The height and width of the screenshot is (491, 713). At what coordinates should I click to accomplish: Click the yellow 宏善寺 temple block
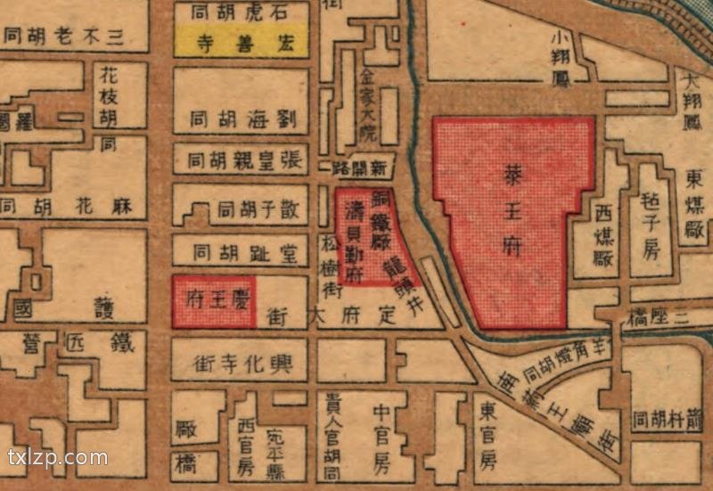point(240,41)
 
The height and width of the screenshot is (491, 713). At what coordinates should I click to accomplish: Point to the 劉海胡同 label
point(240,119)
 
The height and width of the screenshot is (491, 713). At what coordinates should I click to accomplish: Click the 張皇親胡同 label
point(240,161)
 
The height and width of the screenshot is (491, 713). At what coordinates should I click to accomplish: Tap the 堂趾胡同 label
point(240,250)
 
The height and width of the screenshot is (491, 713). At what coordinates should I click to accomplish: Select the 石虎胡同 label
point(240,12)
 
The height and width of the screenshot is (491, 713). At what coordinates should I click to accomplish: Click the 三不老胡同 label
point(62,37)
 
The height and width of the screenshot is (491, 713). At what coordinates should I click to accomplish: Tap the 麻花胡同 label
point(67,208)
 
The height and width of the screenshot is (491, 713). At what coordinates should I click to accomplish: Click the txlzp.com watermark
point(57,459)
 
